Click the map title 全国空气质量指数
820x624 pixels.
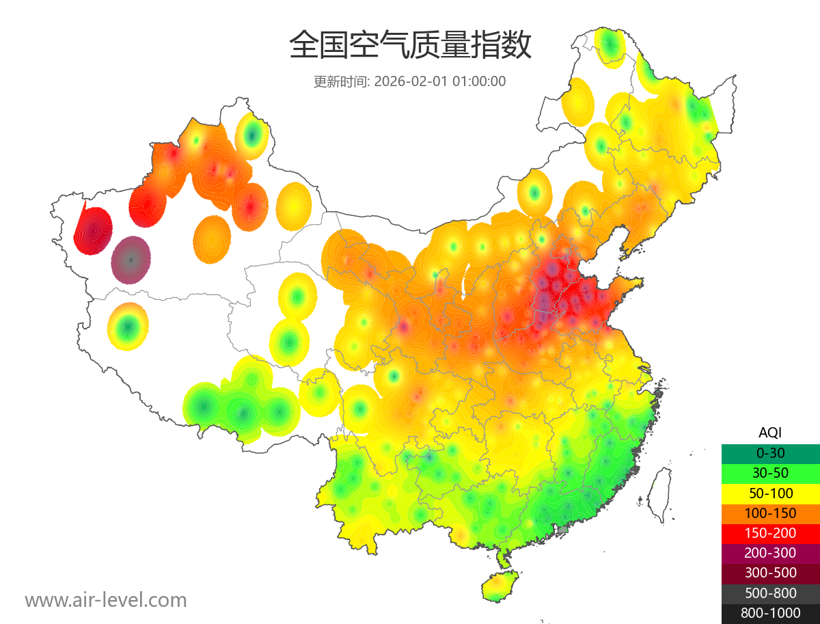click(410, 46)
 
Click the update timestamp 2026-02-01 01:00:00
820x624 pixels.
click(440, 81)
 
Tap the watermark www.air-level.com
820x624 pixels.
click(106, 600)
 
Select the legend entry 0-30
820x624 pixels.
click(770, 452)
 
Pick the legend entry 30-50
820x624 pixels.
click(770, 472)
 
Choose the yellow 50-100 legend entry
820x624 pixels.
click(770, 492)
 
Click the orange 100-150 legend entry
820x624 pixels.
click(770, 513)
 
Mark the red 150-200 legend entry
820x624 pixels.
click(770, 532)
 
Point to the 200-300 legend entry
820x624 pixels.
click(770, 552)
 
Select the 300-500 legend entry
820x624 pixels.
click(770, 573)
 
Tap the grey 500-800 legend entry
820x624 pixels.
click(770, 593)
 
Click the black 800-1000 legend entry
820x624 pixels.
click(770, 613)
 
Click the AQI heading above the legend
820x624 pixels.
click(770, 433)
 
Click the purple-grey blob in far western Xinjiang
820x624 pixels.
click(131, 260)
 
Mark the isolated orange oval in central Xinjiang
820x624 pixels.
click(212, 239)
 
